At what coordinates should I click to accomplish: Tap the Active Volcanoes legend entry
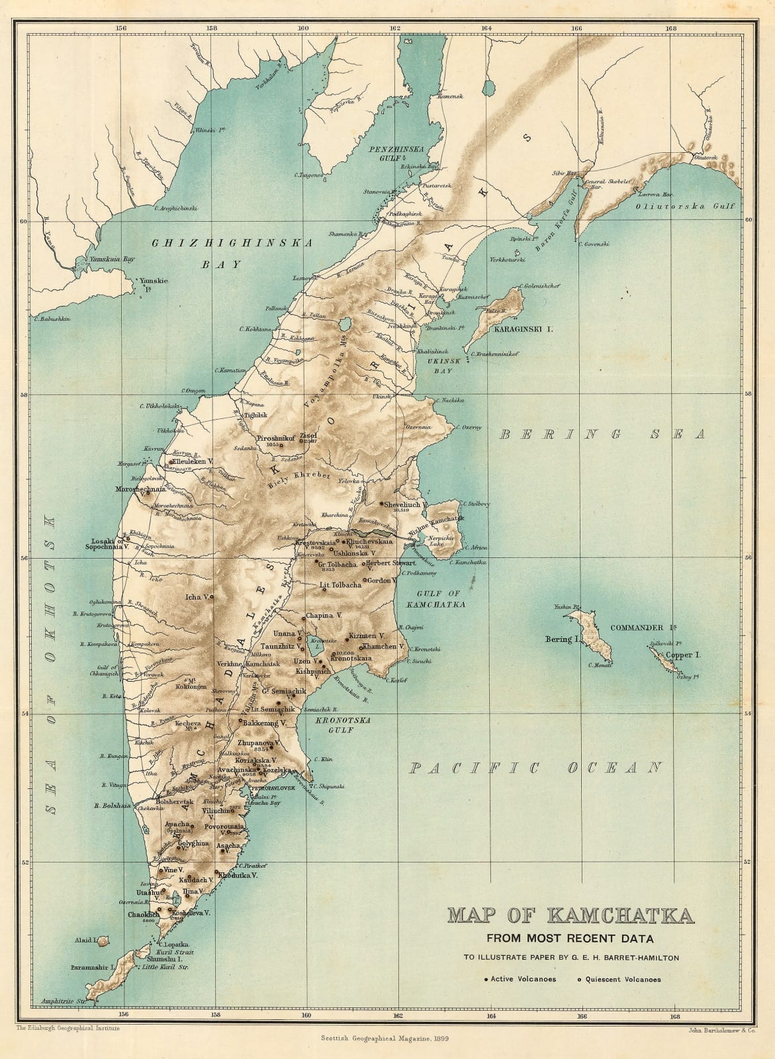[520, 980]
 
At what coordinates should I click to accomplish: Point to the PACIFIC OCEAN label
[535, 768]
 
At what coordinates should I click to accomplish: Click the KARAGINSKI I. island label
[520, 328]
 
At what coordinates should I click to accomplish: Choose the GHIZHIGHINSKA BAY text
[232, 253]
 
